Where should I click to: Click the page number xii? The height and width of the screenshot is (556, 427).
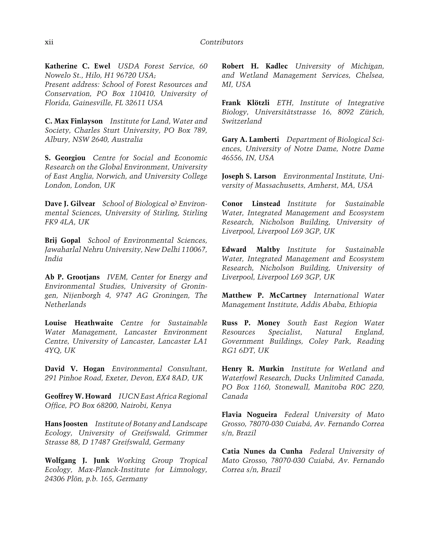(49, 42)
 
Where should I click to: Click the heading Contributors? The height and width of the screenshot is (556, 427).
(221, 42)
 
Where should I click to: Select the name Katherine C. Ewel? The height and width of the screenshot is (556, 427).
(78, 66)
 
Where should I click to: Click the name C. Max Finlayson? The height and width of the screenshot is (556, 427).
(74, 121)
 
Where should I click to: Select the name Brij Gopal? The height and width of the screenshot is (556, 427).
(63, 240)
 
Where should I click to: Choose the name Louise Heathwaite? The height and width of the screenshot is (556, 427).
(79, 323)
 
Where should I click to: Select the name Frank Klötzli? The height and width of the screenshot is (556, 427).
(246, 103)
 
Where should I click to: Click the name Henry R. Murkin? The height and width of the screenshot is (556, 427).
(253, 369)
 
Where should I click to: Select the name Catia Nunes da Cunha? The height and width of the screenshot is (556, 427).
(262, 451)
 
